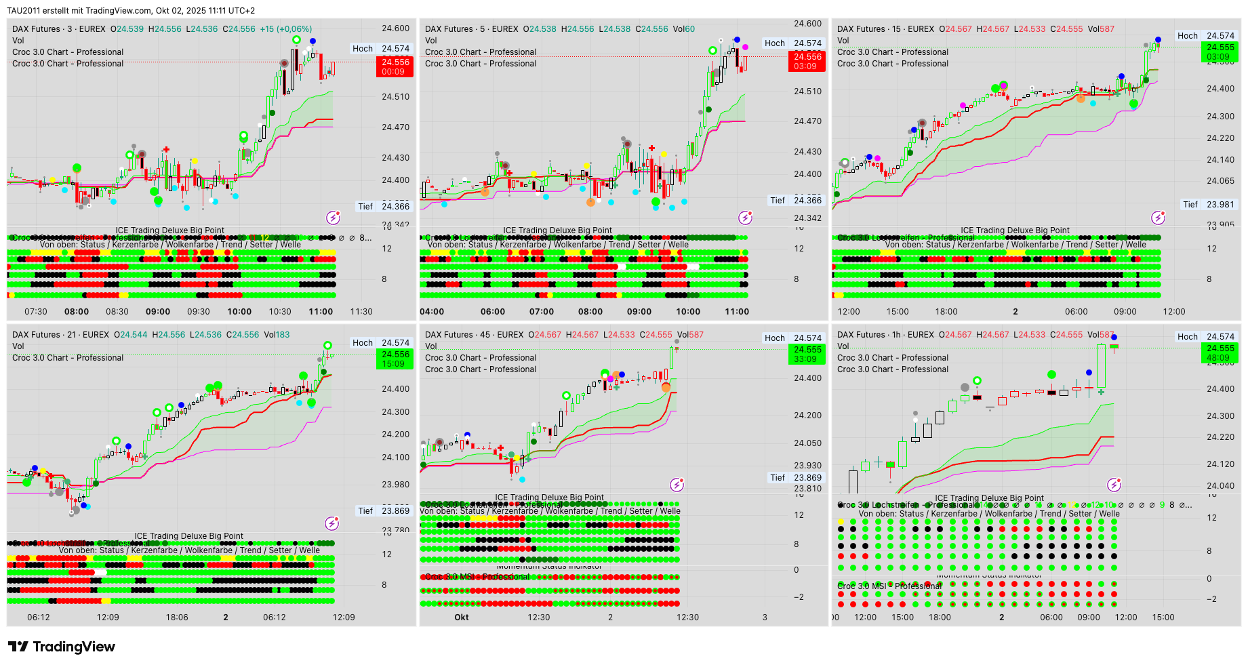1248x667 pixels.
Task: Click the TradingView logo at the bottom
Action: click(x=61, y=647)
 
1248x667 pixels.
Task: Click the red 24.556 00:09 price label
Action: click(x=395, y=66)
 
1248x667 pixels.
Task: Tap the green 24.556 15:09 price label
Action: click(x=395, y=359)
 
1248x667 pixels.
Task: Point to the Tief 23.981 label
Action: click(x=1210, y=204)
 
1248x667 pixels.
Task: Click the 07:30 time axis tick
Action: click(x=36, y=312)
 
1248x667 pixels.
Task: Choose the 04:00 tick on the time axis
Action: click(x=432, y=312)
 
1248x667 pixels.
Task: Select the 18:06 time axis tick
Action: click(x=177, y=618)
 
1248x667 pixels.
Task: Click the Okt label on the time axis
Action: click(x=462, y=618)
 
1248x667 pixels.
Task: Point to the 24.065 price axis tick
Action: click(x=1220, y=181)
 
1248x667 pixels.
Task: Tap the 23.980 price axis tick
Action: click(x=396, y=484)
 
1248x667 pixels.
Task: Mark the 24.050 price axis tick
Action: click(x=808, y=443)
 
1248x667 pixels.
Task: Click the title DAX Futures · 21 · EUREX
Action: click(x=60, y=335)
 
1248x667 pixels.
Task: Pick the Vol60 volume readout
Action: click(x=689, y=29)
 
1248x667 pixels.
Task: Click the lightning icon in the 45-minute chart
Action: click(x=677, y=485)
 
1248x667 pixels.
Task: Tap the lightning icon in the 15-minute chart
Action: click(x=1158, y=218)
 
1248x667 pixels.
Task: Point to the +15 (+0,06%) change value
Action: click(x=286, y=29)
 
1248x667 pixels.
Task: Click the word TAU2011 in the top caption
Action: click(x=24, y=11)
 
